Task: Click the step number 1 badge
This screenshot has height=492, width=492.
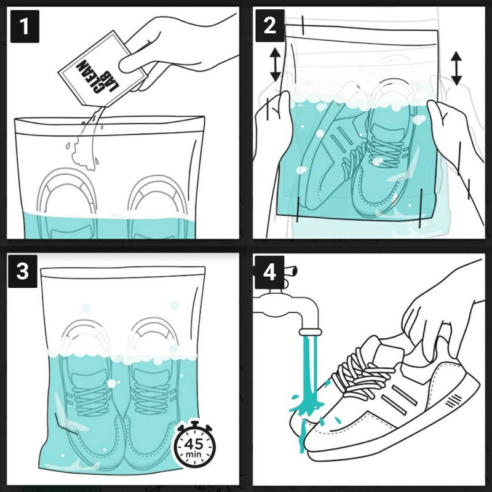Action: pyautogui.click(x=25, y=26)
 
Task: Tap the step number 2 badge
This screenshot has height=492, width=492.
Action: pyautogui.click(x=270, y=25)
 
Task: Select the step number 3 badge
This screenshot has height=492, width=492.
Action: pyautogui.click(x=23, y=271)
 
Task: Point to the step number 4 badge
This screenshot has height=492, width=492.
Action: pyautogui.click(x=269, y=272)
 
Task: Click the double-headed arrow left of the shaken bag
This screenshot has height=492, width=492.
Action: pyautogui.click(x=275, y=65)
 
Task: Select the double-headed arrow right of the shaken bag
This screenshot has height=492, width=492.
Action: pyautogui.click(x=456, y=69)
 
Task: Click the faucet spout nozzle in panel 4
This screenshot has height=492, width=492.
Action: pyautogui.click(x=311, y=331)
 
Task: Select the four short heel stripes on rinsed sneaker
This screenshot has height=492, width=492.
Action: pyautogui.click(x=453, y=401)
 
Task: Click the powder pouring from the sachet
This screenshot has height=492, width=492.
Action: pyautogui.click(x=85, y=141)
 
